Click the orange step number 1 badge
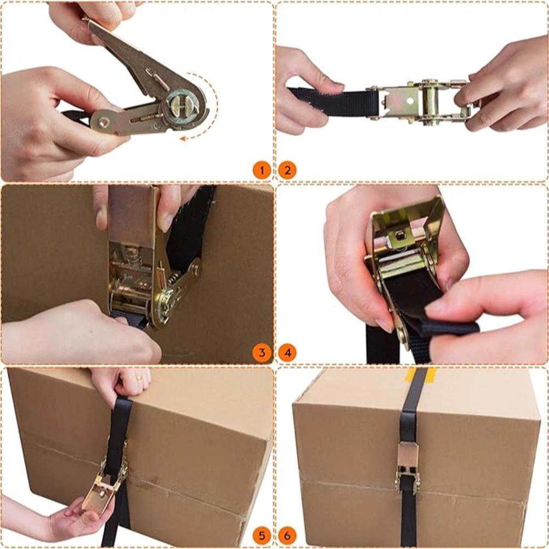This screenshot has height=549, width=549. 262,171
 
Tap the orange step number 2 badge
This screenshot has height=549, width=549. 287,171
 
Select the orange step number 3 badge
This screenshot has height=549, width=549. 262,353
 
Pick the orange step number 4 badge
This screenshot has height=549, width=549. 287,353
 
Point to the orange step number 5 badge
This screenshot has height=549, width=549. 262,536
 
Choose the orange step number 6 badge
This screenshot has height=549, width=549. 287,536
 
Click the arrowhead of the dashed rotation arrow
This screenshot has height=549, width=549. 183,139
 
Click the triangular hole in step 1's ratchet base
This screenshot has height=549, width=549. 103,122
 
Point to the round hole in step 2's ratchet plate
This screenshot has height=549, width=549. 410,101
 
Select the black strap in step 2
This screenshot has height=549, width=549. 335,102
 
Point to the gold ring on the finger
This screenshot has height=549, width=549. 139,378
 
